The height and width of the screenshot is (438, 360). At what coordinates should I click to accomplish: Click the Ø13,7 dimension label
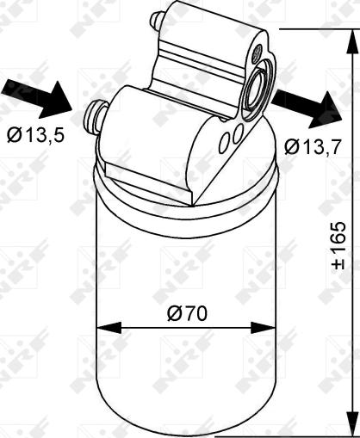(x=307, y=147)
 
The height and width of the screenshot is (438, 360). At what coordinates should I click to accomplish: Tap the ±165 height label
(x=339, y=246)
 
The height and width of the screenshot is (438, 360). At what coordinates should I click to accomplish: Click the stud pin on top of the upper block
(x=157, y=20)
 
